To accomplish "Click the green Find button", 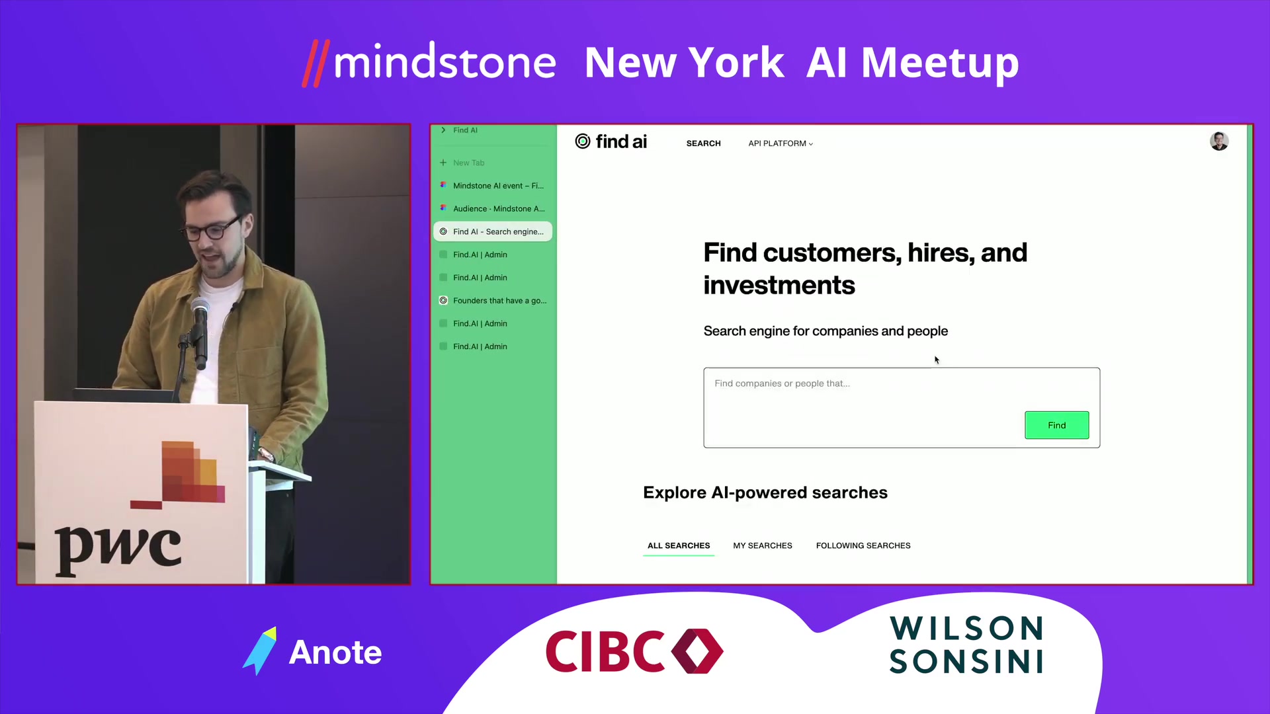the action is [1056, 425].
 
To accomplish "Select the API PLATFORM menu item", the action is [781, 143].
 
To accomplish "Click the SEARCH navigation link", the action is [703, 143].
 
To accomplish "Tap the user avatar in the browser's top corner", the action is [1219, 141].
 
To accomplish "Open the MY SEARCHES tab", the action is [763, 545].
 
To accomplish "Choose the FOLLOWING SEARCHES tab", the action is [863, 545].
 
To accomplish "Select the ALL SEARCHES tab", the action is [679, 545].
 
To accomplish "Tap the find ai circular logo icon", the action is [582, 141].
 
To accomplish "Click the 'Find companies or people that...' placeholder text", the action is [782, 383].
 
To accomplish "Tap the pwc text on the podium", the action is [118, 548].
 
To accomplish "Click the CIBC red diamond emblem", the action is [697, 651].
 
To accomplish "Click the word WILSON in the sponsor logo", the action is [966, 628].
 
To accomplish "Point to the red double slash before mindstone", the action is [316, 63].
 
